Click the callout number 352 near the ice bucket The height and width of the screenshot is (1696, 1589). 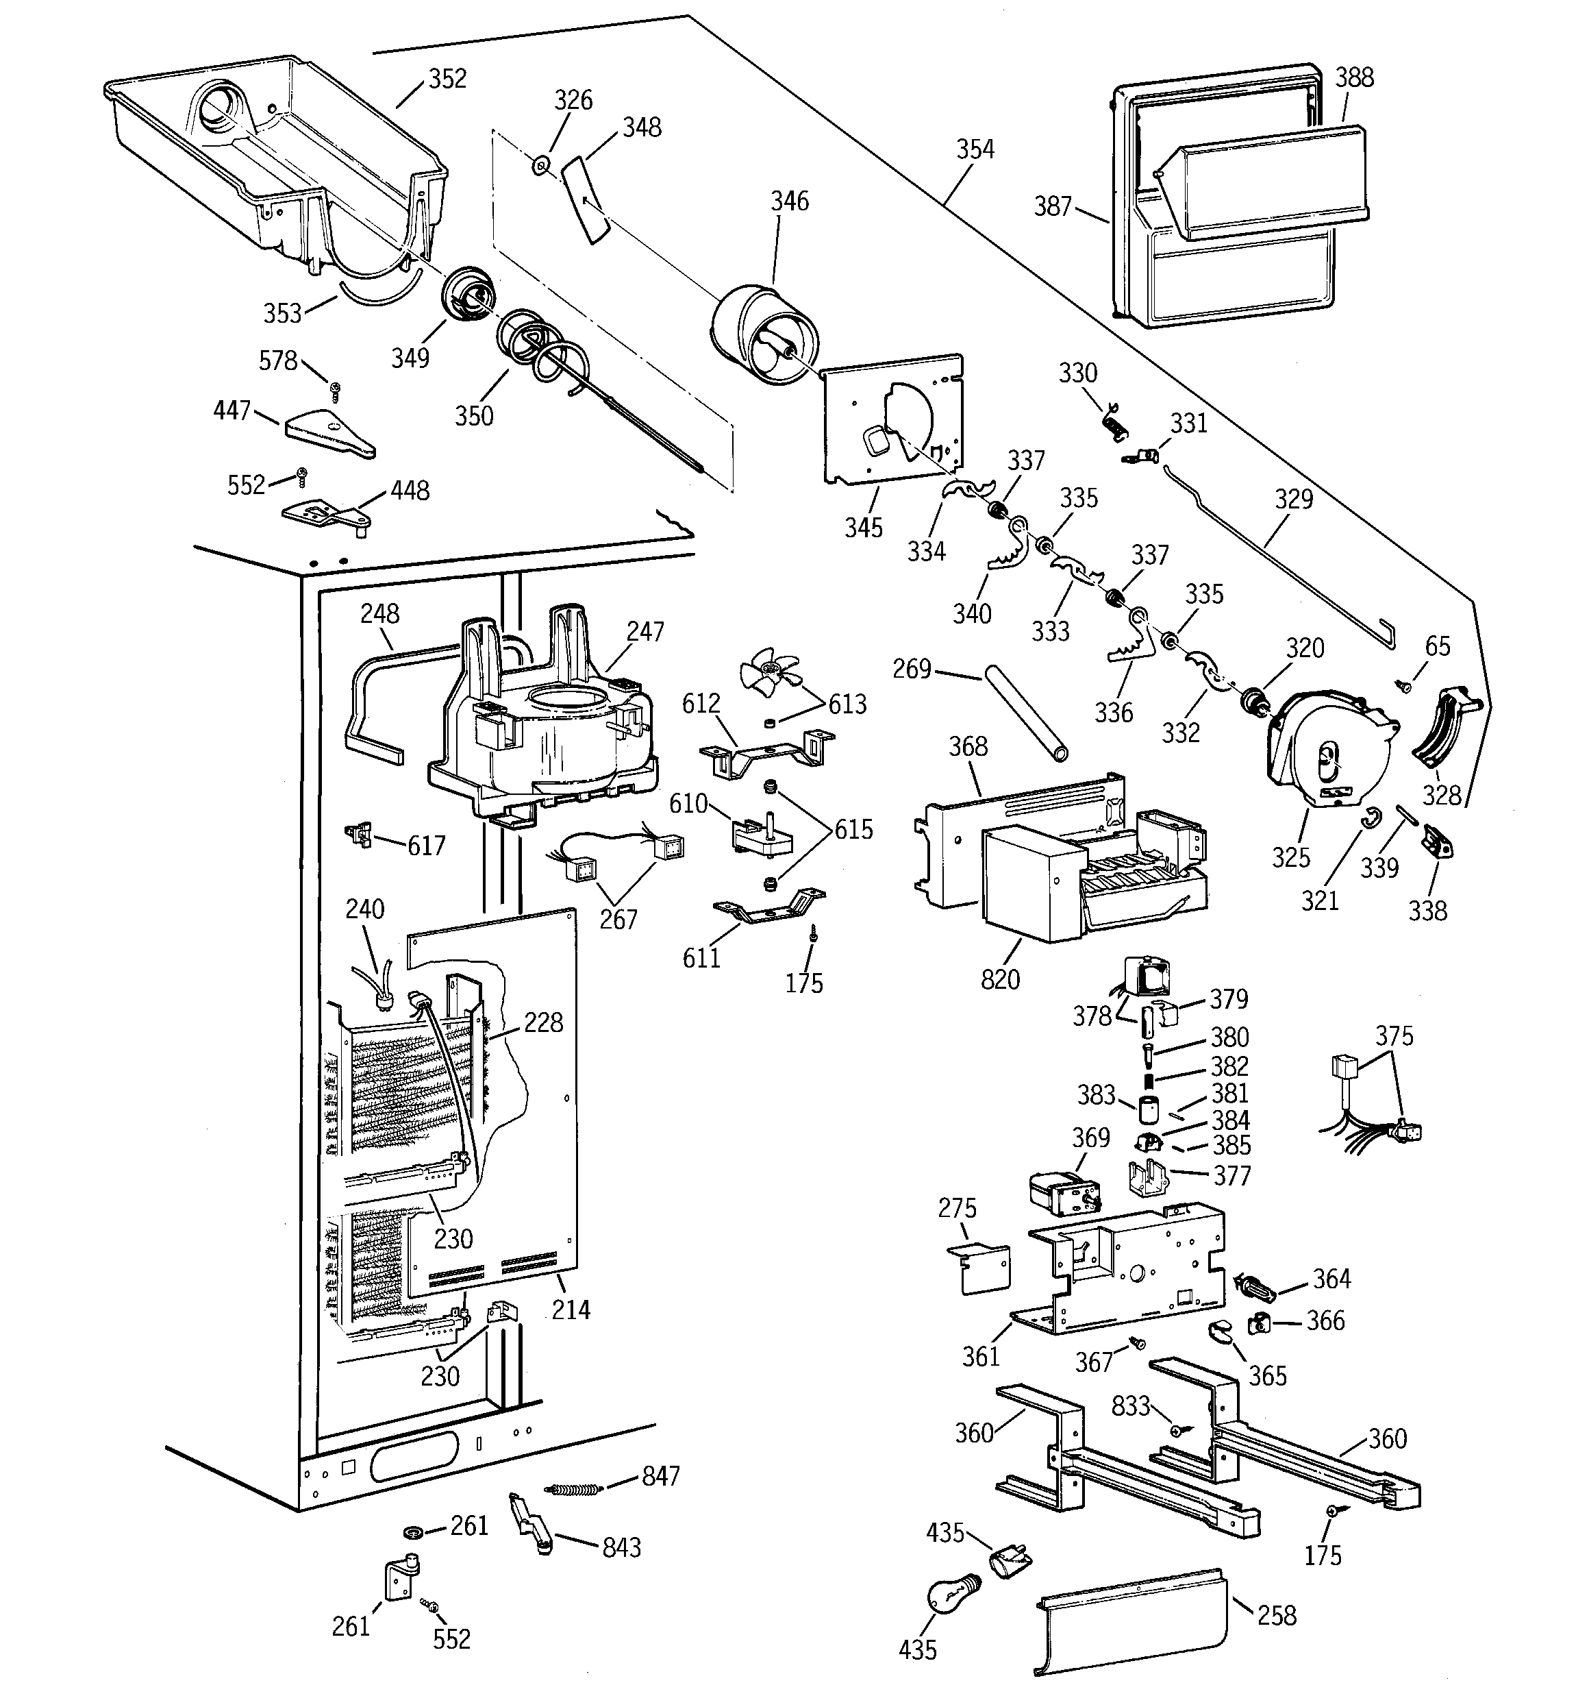447,79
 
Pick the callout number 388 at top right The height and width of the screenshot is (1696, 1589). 1353,77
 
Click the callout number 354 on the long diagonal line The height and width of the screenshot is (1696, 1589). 974,149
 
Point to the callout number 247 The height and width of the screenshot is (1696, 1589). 645,631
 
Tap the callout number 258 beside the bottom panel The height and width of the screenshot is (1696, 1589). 1277,1616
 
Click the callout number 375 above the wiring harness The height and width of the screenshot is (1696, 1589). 1394,1035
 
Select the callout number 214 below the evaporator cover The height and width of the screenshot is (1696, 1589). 571,1310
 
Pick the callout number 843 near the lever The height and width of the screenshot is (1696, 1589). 621,1547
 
